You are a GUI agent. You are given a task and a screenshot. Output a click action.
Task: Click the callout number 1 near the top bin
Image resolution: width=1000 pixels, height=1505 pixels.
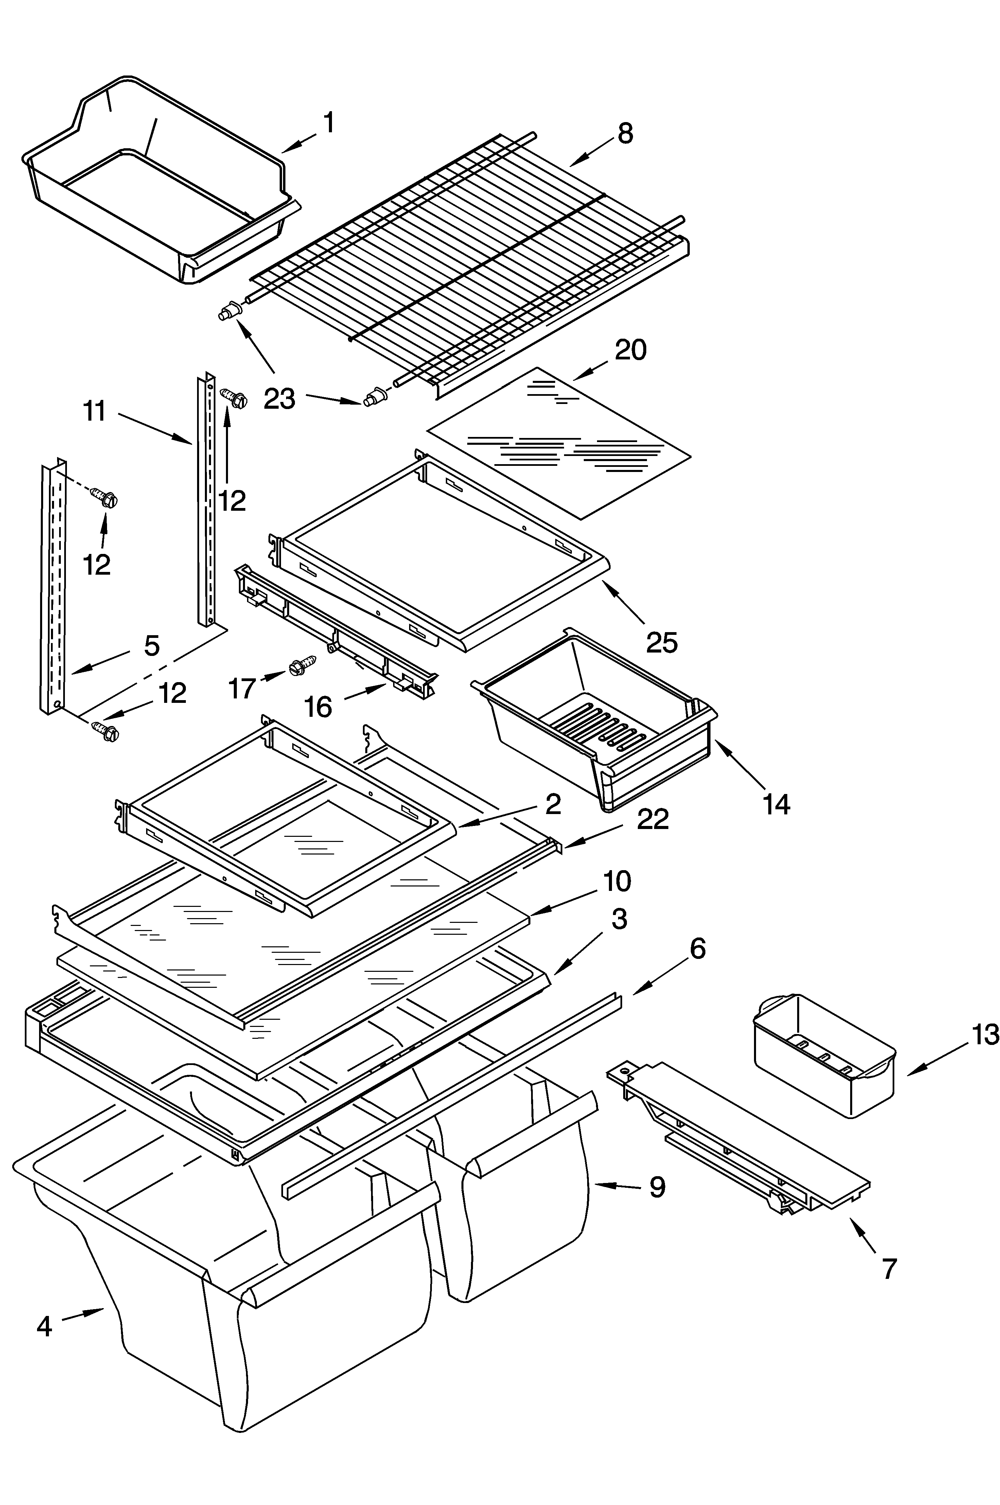click(x=329, y=122)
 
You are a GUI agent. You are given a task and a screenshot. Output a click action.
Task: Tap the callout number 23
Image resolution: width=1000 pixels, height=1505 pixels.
click(x=279, y=399)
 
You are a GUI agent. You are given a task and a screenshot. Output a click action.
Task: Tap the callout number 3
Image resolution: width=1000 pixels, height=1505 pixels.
click(x=618, y=919)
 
